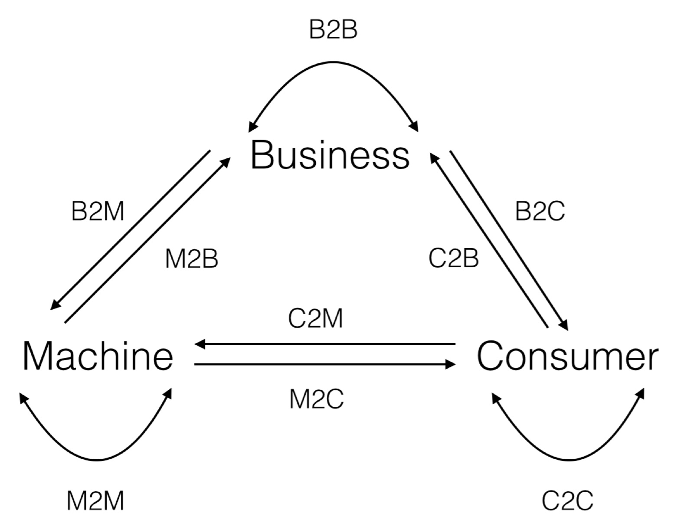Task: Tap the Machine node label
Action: (98, 356)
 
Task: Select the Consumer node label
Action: (567, 356)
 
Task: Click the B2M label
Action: (98, 212)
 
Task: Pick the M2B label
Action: (191, 259)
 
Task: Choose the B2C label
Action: (540, 212)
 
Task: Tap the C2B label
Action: (453, 258)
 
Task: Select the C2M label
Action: (315, 319)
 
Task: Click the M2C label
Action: (316, 399)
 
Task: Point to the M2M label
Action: (95, 500)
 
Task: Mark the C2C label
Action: (567, 500)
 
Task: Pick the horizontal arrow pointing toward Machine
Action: (325, 344)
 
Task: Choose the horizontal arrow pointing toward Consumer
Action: (325, 365)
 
